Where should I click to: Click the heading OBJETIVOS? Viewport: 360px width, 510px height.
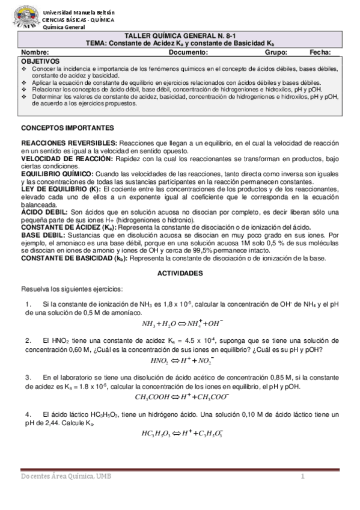[40, 61]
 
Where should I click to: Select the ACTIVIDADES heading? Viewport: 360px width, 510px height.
[180, 272]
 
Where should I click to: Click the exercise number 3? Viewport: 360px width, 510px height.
[28, 377]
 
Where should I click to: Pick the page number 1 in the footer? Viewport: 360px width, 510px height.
[304, 477]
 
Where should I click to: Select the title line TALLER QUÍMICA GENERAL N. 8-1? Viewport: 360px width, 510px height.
[180, 36]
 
